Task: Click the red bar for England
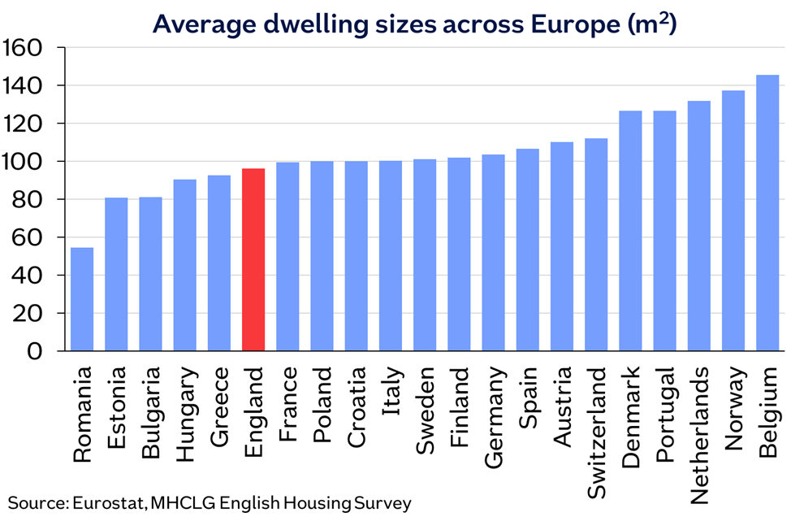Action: tap(253, 260)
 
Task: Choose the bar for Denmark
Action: tap(630, 231)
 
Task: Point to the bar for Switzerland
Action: tap(596, 245)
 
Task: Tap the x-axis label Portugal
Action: tap(665, 414)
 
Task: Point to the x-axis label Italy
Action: tap(391, 390)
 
